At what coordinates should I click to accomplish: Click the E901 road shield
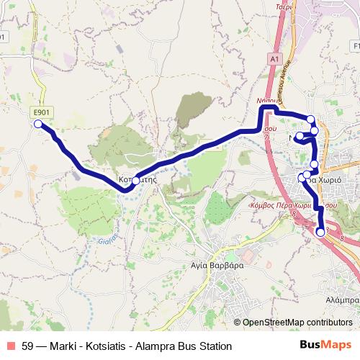pyautogui.click(x=41, y=112)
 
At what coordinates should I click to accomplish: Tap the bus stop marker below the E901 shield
pyautogui.click(x=38, y=125)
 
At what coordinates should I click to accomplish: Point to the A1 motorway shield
pyautogui.click(x=275, y=58)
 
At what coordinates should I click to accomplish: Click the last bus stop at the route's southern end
pyautogui.click(x=320, y=232)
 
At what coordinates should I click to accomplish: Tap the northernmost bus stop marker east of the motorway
pyautogui.click(x=310, y=120)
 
